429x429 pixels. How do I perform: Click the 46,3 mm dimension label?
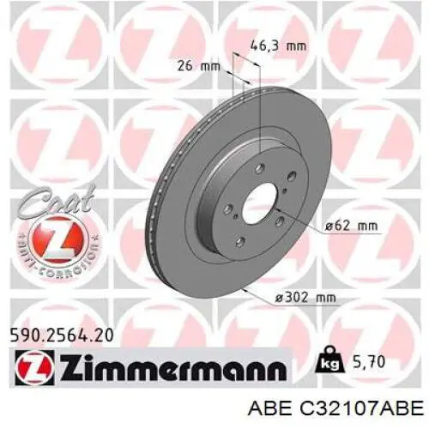pyautogui.click(x=278, y=45)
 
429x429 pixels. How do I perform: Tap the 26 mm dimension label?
pyautogui.click(x=199, y=66)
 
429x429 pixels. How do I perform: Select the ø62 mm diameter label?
pyautogui.click(x=352, y=226)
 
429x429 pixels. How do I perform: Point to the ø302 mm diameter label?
pyautogui.click(x=305, y=298)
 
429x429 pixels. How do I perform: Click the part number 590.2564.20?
pyautogui.click(x=62, y=335)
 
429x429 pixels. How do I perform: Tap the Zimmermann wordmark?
pyautogui.click(x=173, y=367)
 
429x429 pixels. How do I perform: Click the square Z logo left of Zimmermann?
pyautogui.click(x=34, y=367)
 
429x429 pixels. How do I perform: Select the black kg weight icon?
pyautogui.click(x=329, y=360)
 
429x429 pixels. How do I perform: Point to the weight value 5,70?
pyautogui.click(x=369, y=362)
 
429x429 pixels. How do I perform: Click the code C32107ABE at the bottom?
pyautogui.click(x=361, y=408)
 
